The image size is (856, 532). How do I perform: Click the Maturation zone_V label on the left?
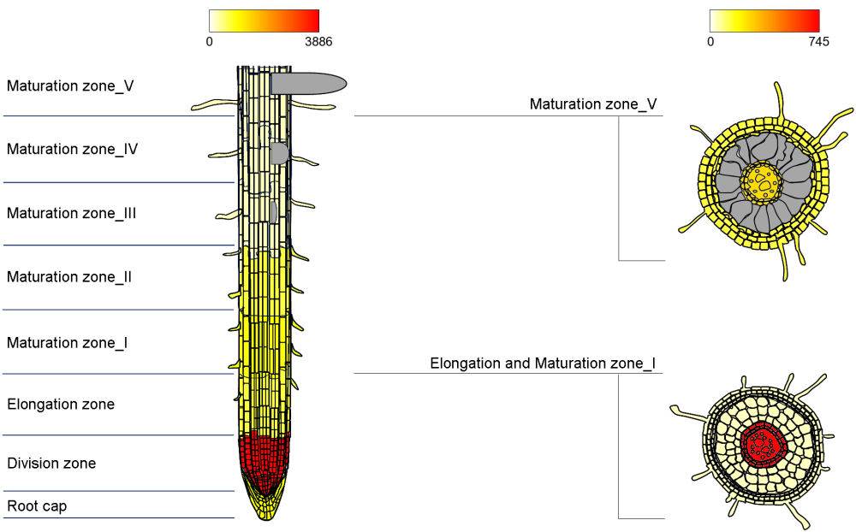[x=70, y=86]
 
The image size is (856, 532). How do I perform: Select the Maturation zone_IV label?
[x=73, y=149]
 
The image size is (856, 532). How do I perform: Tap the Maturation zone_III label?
[x=72, y=213]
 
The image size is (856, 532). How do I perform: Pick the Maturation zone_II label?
[x=69, y=277]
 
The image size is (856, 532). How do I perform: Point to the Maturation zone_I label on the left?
[x=68, y=342]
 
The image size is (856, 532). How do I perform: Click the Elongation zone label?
[x=61, y=404]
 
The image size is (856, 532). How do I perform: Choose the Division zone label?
[x=51, y=464]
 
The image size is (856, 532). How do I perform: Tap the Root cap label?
[x=37, y=506]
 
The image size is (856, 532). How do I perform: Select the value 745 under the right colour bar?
[x=817, y=41]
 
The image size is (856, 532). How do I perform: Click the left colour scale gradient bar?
[x=264, y=21]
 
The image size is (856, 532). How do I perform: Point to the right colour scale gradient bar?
[x=764, y=21]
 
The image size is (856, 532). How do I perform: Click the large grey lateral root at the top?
[x=308, y=83]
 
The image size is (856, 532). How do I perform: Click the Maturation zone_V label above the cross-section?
[x=593, y=104]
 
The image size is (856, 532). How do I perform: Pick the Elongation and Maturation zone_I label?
[x=543, y=364]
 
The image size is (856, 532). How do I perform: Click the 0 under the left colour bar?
[x=210, y=41]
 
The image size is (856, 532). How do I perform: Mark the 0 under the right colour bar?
[x=710, y=41]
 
